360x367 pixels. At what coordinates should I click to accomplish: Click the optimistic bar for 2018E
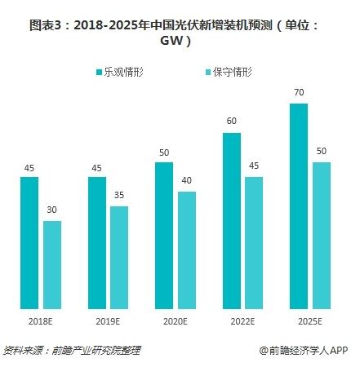[x=29, y=243]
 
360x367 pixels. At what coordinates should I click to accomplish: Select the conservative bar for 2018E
[x=52, y=265]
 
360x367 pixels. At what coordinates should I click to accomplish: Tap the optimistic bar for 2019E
[x=96, y=243]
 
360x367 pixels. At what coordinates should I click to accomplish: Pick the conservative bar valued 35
[x=119, y=258]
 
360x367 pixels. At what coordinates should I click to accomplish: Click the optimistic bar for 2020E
[x=164, y=236]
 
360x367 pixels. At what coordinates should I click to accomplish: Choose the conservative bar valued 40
[x=187, y=250]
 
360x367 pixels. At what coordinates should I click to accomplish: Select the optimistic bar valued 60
[x=232, y=221]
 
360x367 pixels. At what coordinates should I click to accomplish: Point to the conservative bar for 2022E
[x=254, y=243]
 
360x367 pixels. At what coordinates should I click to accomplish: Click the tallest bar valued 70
[x=299, y=206]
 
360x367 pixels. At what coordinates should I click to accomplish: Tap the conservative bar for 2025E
[x=321, y=236]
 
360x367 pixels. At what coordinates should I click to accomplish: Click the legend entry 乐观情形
[x=125, y=72]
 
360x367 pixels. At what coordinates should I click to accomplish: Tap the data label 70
[x=299, y=93]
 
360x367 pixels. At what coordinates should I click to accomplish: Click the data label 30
[x=52, y=210]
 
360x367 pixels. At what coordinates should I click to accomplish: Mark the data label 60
[x=232, y=122]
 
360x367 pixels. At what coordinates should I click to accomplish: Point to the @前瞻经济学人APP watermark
[x=304, y=351]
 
